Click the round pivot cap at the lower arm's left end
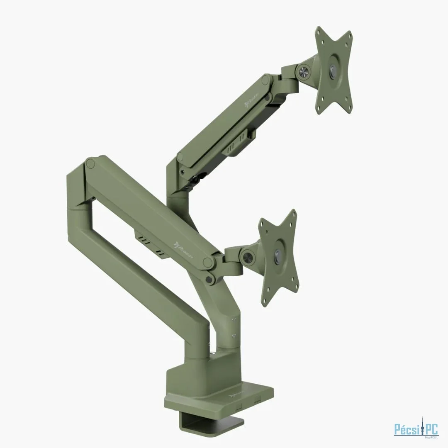(x=90, y=163)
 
